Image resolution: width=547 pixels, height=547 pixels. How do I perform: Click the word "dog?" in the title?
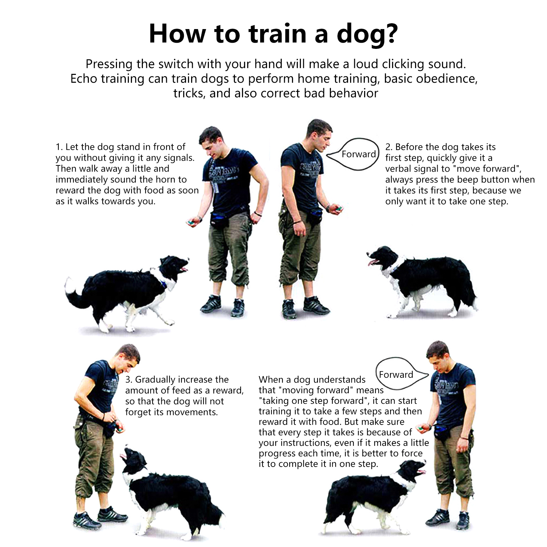[x=368, y=34]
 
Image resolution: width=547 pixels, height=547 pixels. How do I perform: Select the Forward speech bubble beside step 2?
[x=353, y=154]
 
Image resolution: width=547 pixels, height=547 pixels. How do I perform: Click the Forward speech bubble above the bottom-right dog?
[x=401, y=374]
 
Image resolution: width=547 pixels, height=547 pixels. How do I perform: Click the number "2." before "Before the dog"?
[x=389, y=147]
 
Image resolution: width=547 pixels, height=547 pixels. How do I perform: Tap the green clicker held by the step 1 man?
[x=190, y=222]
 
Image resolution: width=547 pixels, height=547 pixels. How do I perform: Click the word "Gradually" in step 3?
[x=155, y=380]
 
